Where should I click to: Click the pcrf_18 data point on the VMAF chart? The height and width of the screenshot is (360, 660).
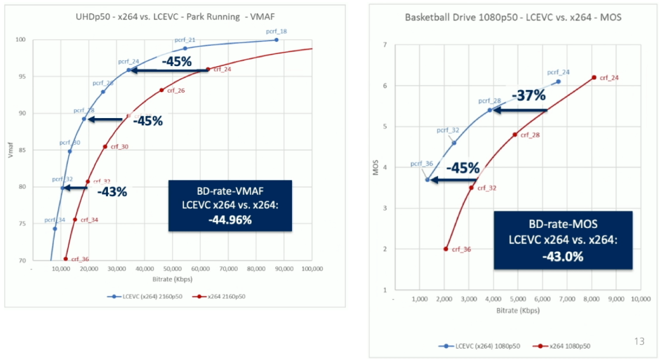click(276, 39)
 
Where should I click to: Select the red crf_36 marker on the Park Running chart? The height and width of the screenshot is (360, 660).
click(65, 258)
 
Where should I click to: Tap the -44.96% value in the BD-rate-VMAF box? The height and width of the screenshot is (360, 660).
click(230, 220)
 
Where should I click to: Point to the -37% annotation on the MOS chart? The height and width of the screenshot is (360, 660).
click(531, 96)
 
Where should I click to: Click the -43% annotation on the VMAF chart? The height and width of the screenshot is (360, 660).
click(112, 190)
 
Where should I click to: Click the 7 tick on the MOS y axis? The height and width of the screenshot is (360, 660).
click(385, 45)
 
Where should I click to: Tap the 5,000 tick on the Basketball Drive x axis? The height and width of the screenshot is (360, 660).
click(517, 299)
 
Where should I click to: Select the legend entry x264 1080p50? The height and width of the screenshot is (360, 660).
click(564, 346)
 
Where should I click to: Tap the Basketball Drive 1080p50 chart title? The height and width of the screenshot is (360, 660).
click(513, 17)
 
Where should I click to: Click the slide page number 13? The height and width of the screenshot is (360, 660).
click(639, 342)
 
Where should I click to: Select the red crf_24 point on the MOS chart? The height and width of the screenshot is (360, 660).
click(594, 77)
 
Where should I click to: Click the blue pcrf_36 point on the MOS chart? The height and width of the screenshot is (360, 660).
click(427, 180)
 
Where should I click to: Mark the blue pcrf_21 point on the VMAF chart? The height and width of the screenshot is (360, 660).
click(185, 48)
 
